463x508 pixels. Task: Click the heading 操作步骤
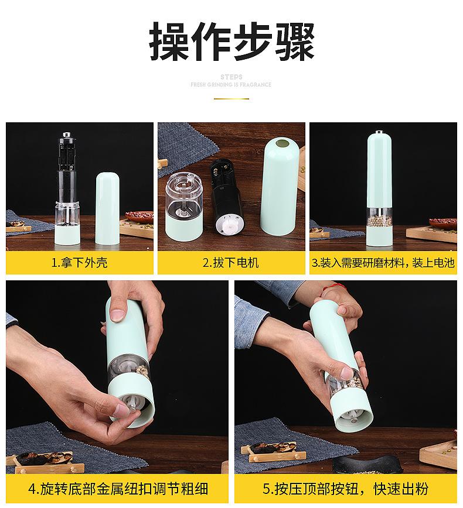click(231, 41)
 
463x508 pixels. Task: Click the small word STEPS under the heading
click(231, 77)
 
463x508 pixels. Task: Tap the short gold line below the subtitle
click(231, 98)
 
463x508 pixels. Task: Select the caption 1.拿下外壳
click(80, 262)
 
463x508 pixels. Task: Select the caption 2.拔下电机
click(231, 262)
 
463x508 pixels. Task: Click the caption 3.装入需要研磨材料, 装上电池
click(383, 262)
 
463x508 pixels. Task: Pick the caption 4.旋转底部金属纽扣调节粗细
click(118, 489)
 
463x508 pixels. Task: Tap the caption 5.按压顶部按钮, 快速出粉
click(346, 489)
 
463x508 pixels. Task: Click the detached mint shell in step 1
click(107, 208)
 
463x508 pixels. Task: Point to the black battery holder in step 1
click(68, 152)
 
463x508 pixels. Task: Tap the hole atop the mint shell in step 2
click(282, 143)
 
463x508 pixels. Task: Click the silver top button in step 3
click(379, 132)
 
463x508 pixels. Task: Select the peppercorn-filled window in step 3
click(379, 218)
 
